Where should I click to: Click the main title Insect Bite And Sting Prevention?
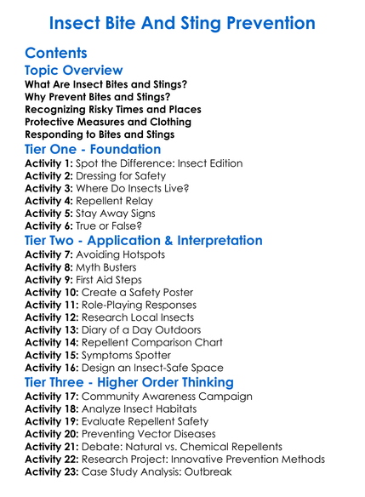pyautogui.click(x=182, y=22)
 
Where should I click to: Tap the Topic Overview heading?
pyautogui.click(x=74, y=71)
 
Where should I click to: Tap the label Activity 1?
pyautogui.click(x=48, y=163)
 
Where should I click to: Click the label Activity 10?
pyautogui.click(x=52, y=292)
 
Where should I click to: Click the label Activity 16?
pyautogui.click(x=52, y=368)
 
